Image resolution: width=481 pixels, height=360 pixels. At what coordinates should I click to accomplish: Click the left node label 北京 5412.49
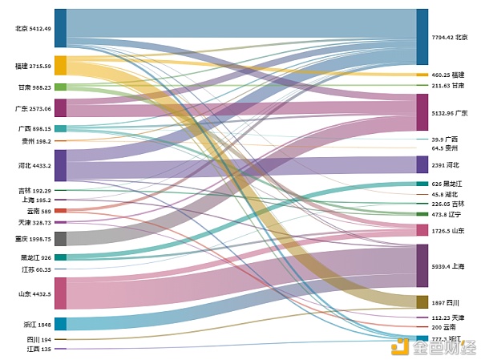tap(33, 29)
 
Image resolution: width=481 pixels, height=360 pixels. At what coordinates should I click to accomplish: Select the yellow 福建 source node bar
tap(60, 66)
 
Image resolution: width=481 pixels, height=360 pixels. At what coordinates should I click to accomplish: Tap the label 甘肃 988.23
tap(34, 87)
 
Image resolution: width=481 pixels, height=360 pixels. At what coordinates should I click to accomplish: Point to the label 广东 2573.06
tap(34, 108)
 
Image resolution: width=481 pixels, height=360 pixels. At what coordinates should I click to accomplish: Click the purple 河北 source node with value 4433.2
tap(60, 165)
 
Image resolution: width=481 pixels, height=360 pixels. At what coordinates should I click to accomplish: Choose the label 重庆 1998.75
tap(33, 238)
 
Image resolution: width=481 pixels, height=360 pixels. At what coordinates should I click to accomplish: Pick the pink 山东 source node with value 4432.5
tap(60, 293)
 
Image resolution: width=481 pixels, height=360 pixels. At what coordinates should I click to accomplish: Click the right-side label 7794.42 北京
tap(450, 37)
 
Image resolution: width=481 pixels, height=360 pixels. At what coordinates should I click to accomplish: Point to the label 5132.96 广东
tap(450, 113)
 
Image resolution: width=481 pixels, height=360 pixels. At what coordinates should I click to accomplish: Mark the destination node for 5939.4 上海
tap(422, 265)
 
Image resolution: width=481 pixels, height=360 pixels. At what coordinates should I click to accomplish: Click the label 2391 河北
tap(446, 165)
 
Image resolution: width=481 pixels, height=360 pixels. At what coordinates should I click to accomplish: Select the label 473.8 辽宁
tap(446, 214)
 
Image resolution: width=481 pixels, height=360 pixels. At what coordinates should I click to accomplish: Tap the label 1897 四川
tap(446, 302)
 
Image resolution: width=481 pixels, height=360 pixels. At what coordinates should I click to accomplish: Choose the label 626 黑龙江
tap(448, 184)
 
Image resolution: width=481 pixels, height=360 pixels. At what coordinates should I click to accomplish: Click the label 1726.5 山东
tap(448, 230)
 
